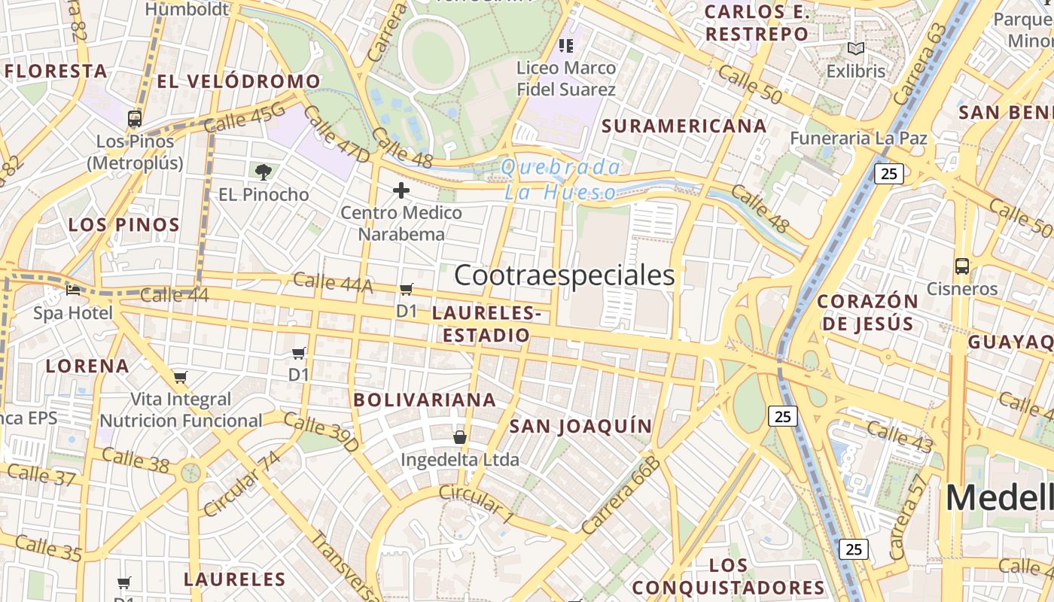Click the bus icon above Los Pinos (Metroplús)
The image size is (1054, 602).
tap(135, 119)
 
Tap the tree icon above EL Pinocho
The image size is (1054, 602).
tap(263, 172)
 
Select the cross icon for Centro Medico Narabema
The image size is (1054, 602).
tap(401, 190)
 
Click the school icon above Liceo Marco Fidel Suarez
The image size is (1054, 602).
tap(566, 46)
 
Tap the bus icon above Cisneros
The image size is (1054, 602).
tap(961, 266)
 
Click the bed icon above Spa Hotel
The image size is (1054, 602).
tap(73, 290)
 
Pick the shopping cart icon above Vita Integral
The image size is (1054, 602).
tap(180, 377)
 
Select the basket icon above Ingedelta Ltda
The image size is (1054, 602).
tap(459, 437)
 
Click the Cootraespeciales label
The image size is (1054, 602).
tap(565, 275)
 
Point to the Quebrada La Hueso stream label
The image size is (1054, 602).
tap(562, 180)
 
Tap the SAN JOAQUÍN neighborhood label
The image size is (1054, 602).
tap(580, 426)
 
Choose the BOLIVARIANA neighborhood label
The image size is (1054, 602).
tap(425, 400)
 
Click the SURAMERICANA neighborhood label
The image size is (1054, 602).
tap(684, 126)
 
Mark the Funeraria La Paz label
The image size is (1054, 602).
tap(858, 138)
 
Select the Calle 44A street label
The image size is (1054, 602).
tap(333, 283)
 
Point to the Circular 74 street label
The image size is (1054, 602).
tap(242, 484)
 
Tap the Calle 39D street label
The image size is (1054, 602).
tap(321, 433)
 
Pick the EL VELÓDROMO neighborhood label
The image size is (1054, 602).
tap(239, 81)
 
